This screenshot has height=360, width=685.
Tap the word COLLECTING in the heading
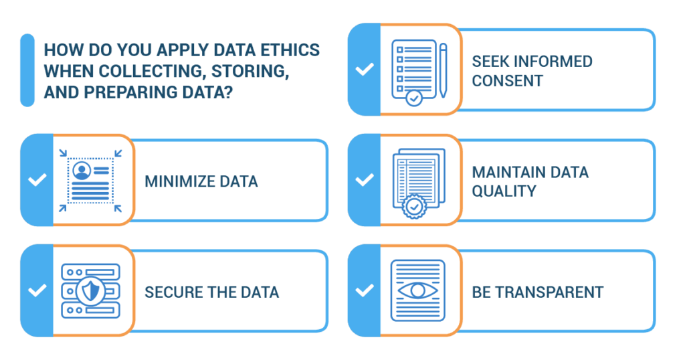pos(138,72)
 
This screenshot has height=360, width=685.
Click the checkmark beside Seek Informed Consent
pos(365,70)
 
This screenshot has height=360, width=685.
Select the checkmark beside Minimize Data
pos(37,180)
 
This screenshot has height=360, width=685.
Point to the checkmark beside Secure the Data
pos(37,290)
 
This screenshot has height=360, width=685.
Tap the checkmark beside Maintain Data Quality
pos(365,180)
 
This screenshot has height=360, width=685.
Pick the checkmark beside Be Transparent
pos(365,290)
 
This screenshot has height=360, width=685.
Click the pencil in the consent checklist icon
pos(443,68)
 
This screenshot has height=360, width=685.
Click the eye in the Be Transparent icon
pos(418,290)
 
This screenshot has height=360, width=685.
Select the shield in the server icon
pos(90,291)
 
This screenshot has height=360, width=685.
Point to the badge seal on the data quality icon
pos(415,207)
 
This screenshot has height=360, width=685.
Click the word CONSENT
pos(508,81)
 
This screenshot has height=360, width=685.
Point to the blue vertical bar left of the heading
pos(27,70)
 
